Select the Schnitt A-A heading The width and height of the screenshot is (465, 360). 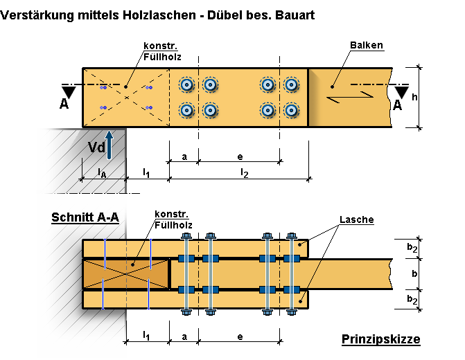tap(85, 217)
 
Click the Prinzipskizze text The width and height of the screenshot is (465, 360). tap(380, 339)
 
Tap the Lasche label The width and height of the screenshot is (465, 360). tap(357, 220)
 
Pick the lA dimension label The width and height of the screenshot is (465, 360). tap(102, 170)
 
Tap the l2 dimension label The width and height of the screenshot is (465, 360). tap(243, 171)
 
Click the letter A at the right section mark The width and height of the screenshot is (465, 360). tap(398, 105)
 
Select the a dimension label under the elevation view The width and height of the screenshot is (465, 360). tap(184, 156)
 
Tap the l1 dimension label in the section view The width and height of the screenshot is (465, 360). tap(146, 336)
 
